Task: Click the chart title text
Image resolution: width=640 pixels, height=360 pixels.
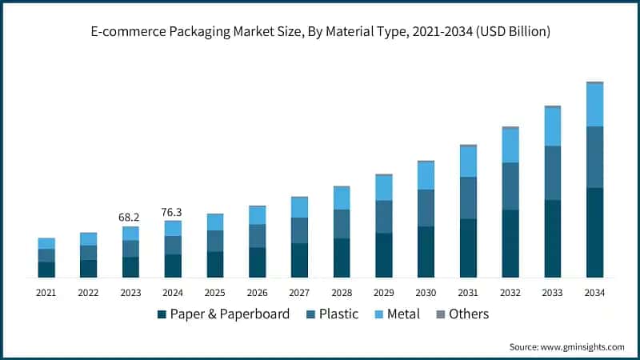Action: [320, 31]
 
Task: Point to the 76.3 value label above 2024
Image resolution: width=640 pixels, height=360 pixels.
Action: [173, 212]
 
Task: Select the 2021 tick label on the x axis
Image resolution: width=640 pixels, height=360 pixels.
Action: [46, 293]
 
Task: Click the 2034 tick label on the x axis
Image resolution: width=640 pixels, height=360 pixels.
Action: [594, 293]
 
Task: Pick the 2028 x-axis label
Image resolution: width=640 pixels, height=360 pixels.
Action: [342, 293]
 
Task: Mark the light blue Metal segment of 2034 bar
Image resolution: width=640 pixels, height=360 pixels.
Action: [594, 105]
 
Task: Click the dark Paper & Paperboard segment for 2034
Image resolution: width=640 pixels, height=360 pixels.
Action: [594, 232]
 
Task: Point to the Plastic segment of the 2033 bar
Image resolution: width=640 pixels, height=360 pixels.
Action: [552, 173]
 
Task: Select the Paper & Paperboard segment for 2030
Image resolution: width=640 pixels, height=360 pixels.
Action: [426, 251]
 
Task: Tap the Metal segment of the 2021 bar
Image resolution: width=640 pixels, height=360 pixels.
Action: [46, 243]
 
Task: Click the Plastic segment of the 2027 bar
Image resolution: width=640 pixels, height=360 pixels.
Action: [299, 230]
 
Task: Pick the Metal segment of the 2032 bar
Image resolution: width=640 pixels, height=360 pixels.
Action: [510, 146]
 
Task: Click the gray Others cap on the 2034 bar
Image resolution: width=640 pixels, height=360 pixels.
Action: [594, 82]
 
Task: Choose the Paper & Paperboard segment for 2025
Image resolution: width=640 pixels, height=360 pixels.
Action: [215, 264]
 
